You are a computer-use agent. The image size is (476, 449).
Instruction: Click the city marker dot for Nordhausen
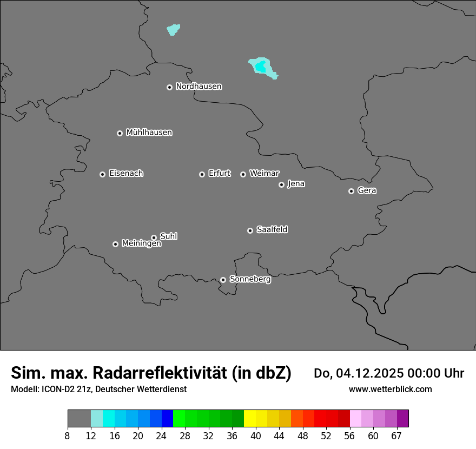(x=169, y=87)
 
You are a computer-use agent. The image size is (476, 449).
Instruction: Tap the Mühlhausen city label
(x=149, y=133)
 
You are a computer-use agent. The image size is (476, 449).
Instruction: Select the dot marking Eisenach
(x=102, y=174)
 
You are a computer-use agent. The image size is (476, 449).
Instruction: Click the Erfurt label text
(x=219, y=174)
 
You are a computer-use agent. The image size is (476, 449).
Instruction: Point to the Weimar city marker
(x=243, y=174)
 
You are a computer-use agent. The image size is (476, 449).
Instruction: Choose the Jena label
(x=296, y=184)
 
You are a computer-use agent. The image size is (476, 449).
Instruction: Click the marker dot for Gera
(x=351, y=191)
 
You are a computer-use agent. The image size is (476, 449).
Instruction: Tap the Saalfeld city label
(x=272, y=230)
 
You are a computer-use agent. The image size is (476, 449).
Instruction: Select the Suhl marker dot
(x=154, y=237)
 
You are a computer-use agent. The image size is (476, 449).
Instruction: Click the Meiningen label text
(x=141, y=244)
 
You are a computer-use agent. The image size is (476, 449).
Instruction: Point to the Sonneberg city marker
(x=223, y=280)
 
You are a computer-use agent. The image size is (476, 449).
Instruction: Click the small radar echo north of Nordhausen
(x=173, y=29)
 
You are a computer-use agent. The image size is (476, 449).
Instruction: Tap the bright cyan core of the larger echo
(x=261, y=67)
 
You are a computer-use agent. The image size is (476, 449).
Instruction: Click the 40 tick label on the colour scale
(x=256, y=435)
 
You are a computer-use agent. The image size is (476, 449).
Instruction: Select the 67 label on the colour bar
(x=396, y=435)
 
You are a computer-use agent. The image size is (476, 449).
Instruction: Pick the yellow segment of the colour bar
(x=250, y=419)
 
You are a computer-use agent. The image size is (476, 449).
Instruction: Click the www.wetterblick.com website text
(x=390, y=389)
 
